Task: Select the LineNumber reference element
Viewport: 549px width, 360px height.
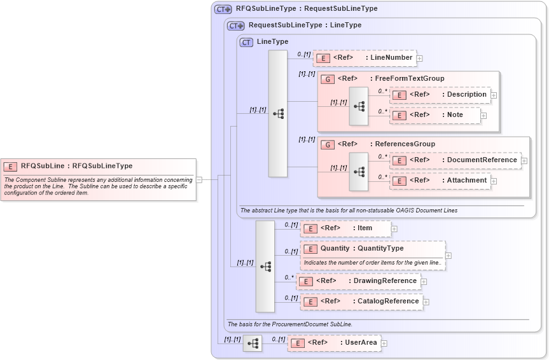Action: [365, 58]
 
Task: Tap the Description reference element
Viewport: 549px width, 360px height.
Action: [440, 95]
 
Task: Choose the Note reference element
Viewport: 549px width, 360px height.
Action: [435, 115]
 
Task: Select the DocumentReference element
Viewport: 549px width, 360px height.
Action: [455, 160]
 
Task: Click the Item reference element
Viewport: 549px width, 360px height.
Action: [345, 228]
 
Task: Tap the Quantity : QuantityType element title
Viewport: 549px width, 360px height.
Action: [361, 249]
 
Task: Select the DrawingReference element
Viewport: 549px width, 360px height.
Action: [359, 281]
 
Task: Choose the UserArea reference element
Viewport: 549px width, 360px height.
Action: [334, 343]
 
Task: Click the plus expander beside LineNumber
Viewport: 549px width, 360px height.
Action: [420, 59]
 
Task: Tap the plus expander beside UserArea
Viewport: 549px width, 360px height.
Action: [384, 343]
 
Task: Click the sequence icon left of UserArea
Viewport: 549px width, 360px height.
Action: [253, 343]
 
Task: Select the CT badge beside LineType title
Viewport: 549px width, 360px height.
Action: [246, 42]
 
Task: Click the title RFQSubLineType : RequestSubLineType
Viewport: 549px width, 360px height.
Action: [306, 9]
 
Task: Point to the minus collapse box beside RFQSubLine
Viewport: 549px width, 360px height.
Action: [199, 179]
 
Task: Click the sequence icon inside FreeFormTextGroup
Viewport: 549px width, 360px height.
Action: [359, 106]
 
